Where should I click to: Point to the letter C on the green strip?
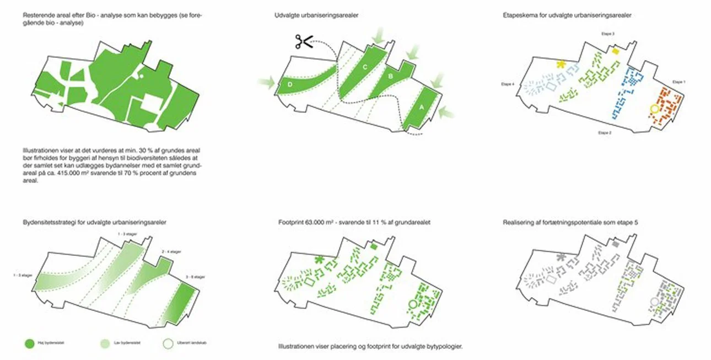point(365,67)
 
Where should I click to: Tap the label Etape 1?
point(679,82)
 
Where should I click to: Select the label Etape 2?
point(605,133)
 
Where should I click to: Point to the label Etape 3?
point(608,34)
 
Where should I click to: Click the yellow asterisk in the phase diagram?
point(561,65)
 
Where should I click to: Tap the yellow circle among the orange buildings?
point(654,109)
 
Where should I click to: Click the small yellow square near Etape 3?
point(616,51)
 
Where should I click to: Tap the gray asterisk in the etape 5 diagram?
point(561,257)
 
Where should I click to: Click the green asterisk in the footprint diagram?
point(319,259)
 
